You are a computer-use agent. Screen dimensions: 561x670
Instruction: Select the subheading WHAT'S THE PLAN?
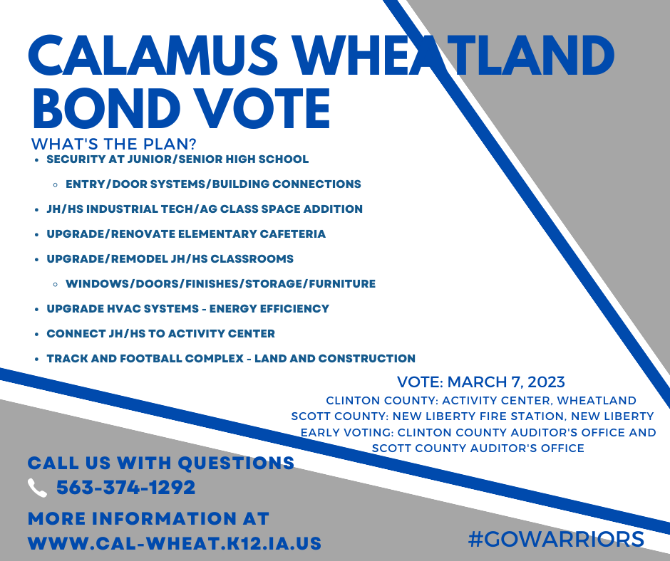click(114, 143)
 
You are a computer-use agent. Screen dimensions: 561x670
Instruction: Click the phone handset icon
click(36, 488)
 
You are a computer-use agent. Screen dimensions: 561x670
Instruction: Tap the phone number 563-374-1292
click(125, 488)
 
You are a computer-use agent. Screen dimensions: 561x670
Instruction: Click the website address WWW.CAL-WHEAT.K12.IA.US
click(175, 543)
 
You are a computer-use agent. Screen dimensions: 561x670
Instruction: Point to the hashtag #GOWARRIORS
click(556, 538)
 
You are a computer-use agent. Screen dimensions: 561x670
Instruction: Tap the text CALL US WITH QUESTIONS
click(161, 463)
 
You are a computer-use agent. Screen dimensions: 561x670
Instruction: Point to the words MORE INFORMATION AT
click(148, 518)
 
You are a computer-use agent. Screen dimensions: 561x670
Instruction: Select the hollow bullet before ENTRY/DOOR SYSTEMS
click(56, 184)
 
